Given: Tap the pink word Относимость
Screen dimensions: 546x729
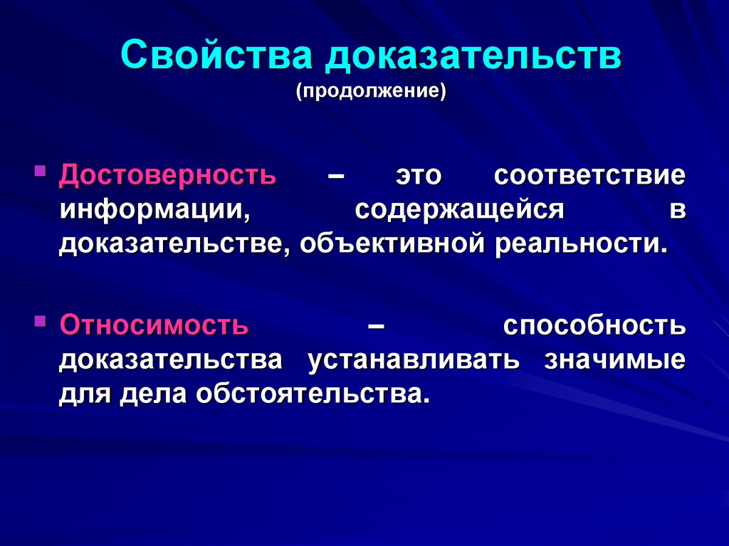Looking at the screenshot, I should click(154, 325).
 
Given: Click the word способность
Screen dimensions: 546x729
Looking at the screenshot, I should click(594, 326).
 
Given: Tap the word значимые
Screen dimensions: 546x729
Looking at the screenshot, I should click(615, 359).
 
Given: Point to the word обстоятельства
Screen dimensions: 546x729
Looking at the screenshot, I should click(313, 394).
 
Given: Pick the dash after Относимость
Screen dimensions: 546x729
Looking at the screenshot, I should click(377, 327).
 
